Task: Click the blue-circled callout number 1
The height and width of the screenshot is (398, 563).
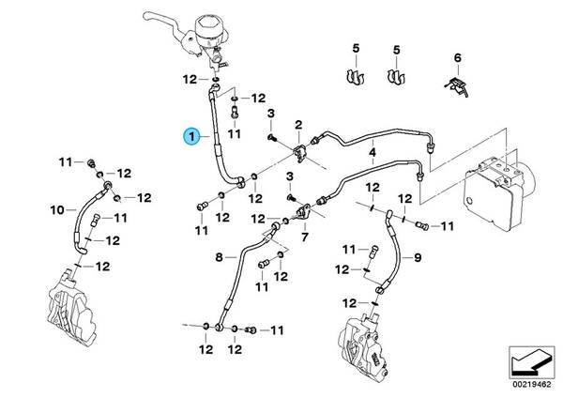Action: point(191,138)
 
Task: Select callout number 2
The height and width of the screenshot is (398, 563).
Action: point(298,125)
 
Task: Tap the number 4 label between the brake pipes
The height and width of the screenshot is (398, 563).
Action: point(372,152)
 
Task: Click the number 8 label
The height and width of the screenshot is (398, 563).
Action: point(221,255)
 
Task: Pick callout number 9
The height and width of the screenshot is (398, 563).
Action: point(418,256)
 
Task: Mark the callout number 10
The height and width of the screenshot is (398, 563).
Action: point(56,208)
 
